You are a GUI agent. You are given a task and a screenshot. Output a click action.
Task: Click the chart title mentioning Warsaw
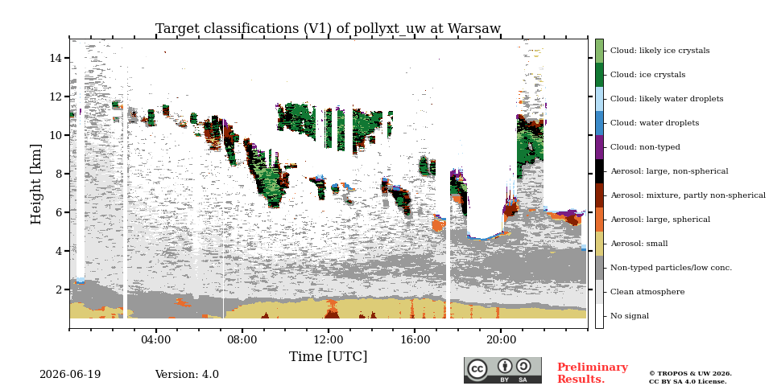(x=328, y=29)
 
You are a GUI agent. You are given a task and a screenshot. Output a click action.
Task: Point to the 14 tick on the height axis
(x=55, y=58)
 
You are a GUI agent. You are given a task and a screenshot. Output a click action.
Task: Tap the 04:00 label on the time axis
(x=155, y=339)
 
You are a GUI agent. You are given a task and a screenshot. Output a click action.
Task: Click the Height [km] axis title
(x=36, y=183)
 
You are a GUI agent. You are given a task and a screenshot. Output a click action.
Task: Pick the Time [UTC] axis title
(x=328, y=356)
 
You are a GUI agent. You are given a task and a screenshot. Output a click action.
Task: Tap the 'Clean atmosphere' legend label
(x=647, y=292)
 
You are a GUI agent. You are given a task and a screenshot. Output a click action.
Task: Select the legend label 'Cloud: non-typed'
(x=645, y=147)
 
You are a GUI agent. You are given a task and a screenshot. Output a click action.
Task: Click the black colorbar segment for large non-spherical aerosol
(x=599, y=171)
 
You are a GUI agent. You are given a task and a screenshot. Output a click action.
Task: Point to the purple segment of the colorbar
(x=599, y=147)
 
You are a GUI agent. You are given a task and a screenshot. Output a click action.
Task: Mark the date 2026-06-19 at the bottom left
(x=70, y=375)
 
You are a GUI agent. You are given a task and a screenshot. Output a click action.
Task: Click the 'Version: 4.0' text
(x=187, y=375)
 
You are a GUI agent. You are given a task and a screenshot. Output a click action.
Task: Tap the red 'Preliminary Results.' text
(x=593, y=373)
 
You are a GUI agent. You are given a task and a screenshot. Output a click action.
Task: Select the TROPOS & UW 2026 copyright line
(x=690, y=374)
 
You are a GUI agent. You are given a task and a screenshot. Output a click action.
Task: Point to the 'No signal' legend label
(x=630, y=316)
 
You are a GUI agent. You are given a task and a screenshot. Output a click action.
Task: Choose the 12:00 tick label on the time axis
(x=329, y=339)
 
